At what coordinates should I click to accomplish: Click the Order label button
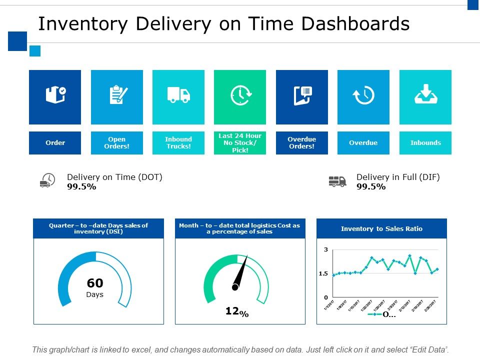[x=55, y=143]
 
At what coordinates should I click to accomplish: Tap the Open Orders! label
[x=116, y=143]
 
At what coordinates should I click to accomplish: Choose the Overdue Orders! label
[x=302, y=143]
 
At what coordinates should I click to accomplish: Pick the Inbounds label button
[x=425, y=143]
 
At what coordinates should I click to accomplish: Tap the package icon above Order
[x=55, y=94]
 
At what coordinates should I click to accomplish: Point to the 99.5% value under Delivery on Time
[x=81, y=187]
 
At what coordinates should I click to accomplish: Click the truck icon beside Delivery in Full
[x=337, y=181]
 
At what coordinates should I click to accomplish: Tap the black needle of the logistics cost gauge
[x=241, y=273]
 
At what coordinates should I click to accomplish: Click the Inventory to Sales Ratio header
[x=381, y=229]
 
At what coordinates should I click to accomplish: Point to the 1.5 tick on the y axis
[x=323, y=273]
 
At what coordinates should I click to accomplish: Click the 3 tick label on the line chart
[x=325, y=249]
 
